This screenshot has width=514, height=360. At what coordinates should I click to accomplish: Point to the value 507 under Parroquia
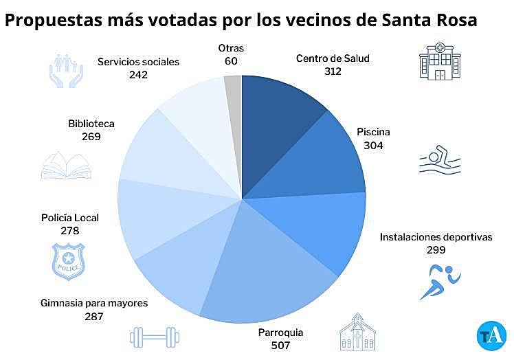click(280, 345)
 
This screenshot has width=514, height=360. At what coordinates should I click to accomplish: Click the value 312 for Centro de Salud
click(333, 71)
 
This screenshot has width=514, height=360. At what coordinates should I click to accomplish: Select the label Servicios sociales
click(138, 62)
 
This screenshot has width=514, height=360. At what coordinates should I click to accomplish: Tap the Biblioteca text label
click(91, 124)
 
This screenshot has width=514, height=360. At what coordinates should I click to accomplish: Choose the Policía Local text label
click(70, 218)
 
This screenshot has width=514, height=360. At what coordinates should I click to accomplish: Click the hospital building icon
click(439, 61)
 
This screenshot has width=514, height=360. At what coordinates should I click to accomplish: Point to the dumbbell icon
click(154, 337)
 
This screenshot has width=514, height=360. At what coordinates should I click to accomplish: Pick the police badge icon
click(69, 260)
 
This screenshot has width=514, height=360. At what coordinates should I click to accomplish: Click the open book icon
click(66, 166)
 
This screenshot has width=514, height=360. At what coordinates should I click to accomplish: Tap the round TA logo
click(491, 335)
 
